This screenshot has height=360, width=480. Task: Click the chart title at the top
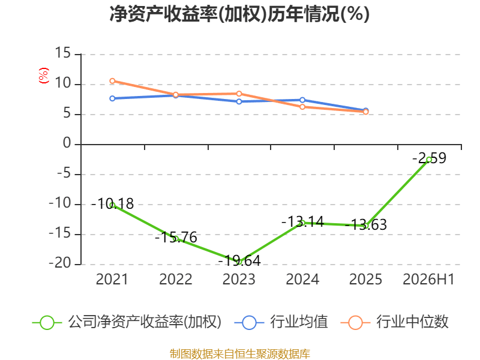(239, 14)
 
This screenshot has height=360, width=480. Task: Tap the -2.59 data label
(429, 158)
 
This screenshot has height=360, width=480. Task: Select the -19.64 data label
(239, 261)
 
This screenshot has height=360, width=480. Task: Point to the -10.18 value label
(112, 204)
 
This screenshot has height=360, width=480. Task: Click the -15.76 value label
(176, 237)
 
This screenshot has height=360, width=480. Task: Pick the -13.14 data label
(302, 221)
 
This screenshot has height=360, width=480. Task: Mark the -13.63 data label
(366, 224)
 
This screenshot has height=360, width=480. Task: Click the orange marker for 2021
(112, 81)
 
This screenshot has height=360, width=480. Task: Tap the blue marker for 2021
(112, 98)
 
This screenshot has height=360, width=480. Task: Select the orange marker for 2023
(239, 94)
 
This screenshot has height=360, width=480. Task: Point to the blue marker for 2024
(302, 100)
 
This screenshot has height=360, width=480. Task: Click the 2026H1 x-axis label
(428, 280)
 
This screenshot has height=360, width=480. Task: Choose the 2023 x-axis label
(239, 280)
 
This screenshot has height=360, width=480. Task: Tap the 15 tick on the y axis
(63, 53)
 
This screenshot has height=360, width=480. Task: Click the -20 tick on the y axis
(60, 263)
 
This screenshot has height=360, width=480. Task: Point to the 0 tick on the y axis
(67, 143)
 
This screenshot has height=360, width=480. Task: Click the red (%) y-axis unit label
(44, 76)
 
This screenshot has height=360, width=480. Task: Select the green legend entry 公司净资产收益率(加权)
(127, 322)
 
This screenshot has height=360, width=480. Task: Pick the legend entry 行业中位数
(394, 322)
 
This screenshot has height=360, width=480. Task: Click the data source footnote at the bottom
(240, 354)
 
